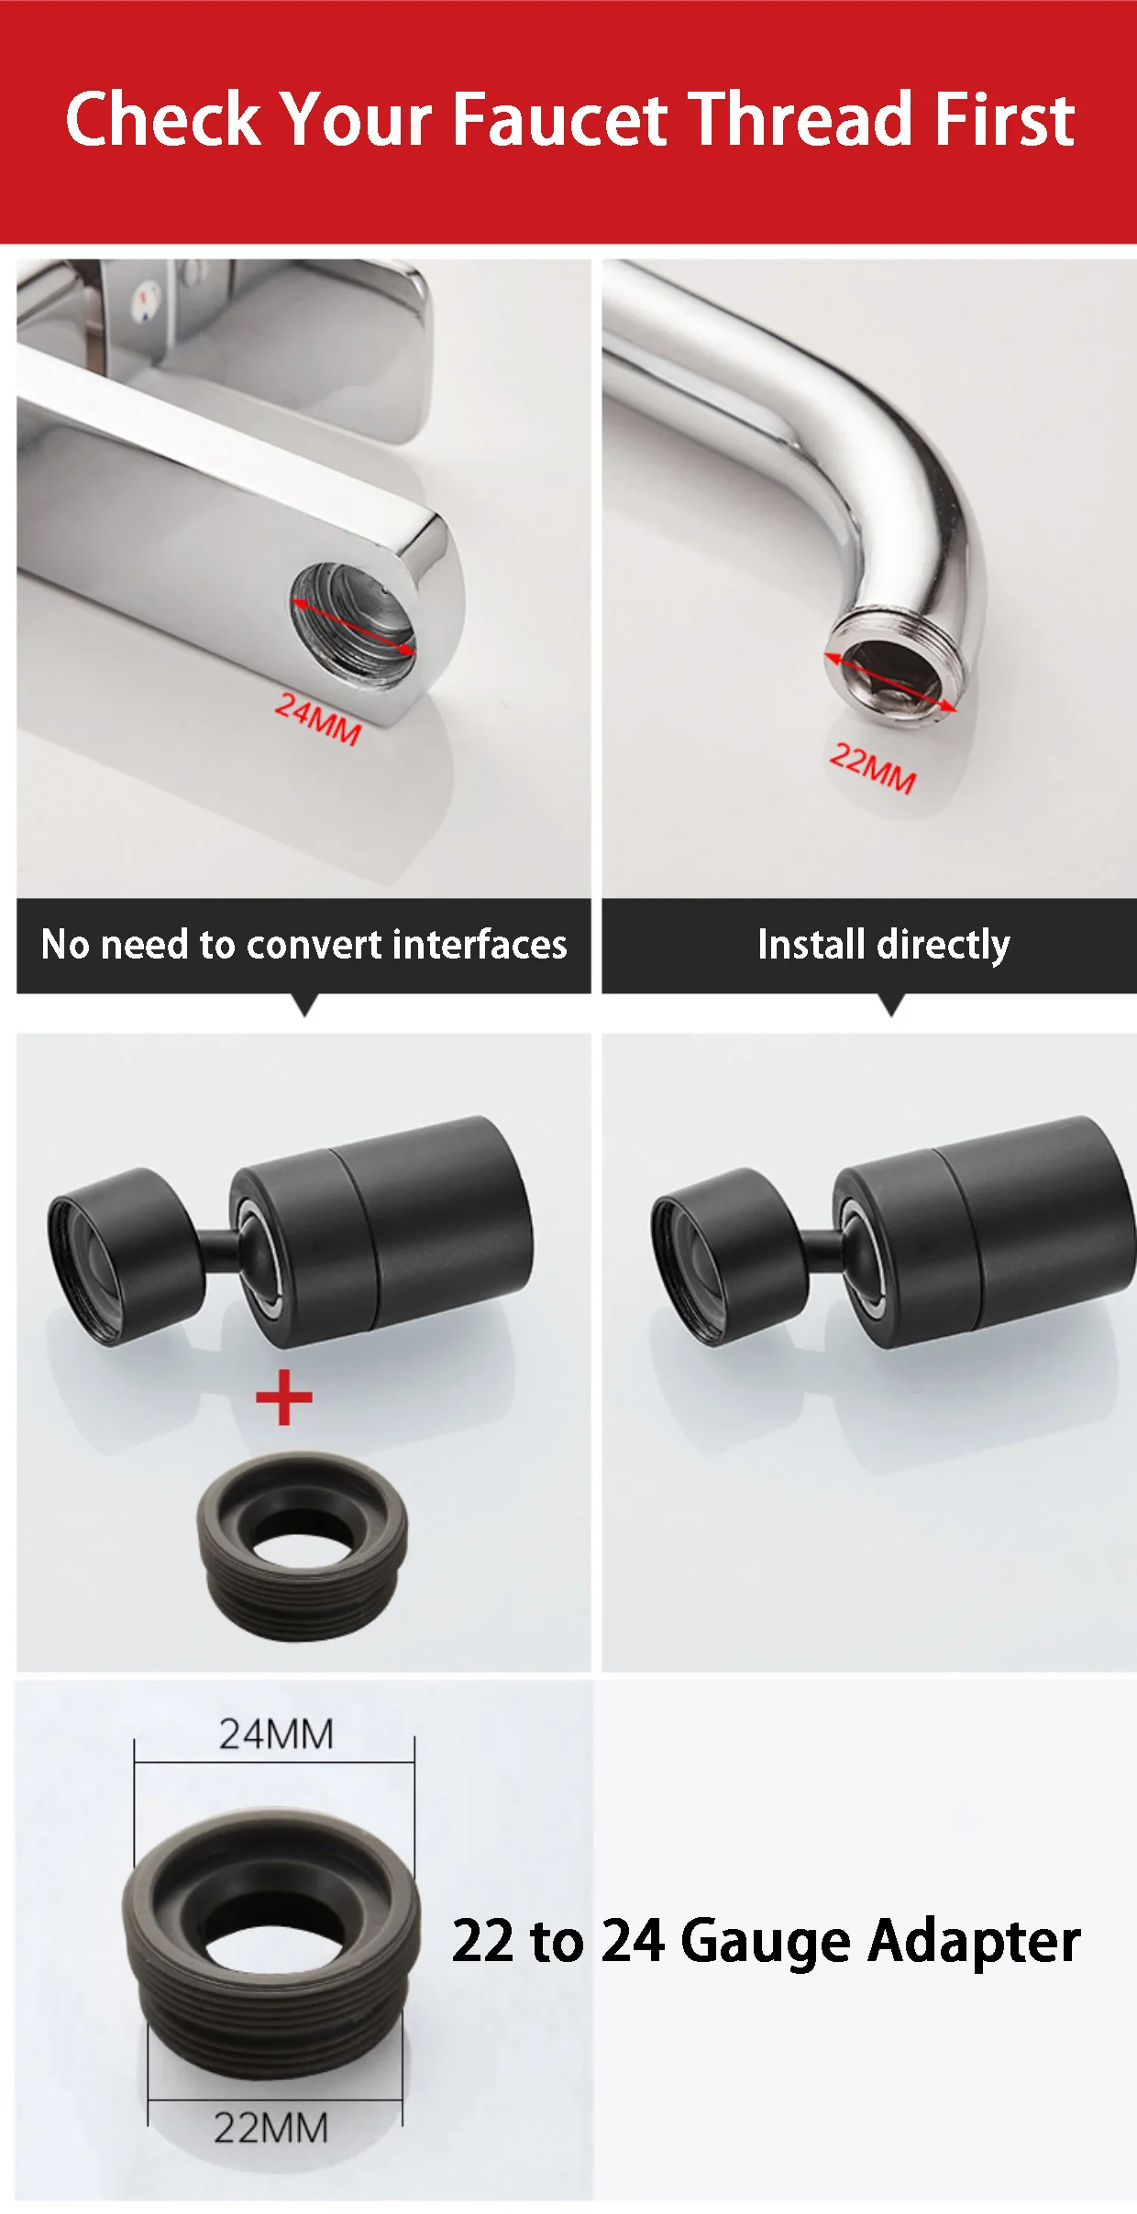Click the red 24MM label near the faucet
[x=318, y=718]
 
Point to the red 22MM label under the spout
[x=873, y=768]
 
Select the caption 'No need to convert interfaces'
[x=304, y=944]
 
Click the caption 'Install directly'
[x=884, y=945]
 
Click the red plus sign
[x=284, y=1397]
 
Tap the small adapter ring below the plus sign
[x=302, y=1547]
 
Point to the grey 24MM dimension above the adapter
[x=276, y=1734]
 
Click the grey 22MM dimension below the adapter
[x=271, y=2128]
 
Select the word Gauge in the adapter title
[x=767, y=1942]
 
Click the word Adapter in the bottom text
[x=975, y=1942]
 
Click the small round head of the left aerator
[x=123, y=1256]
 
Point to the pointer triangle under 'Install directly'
[x=890, y=1005]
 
